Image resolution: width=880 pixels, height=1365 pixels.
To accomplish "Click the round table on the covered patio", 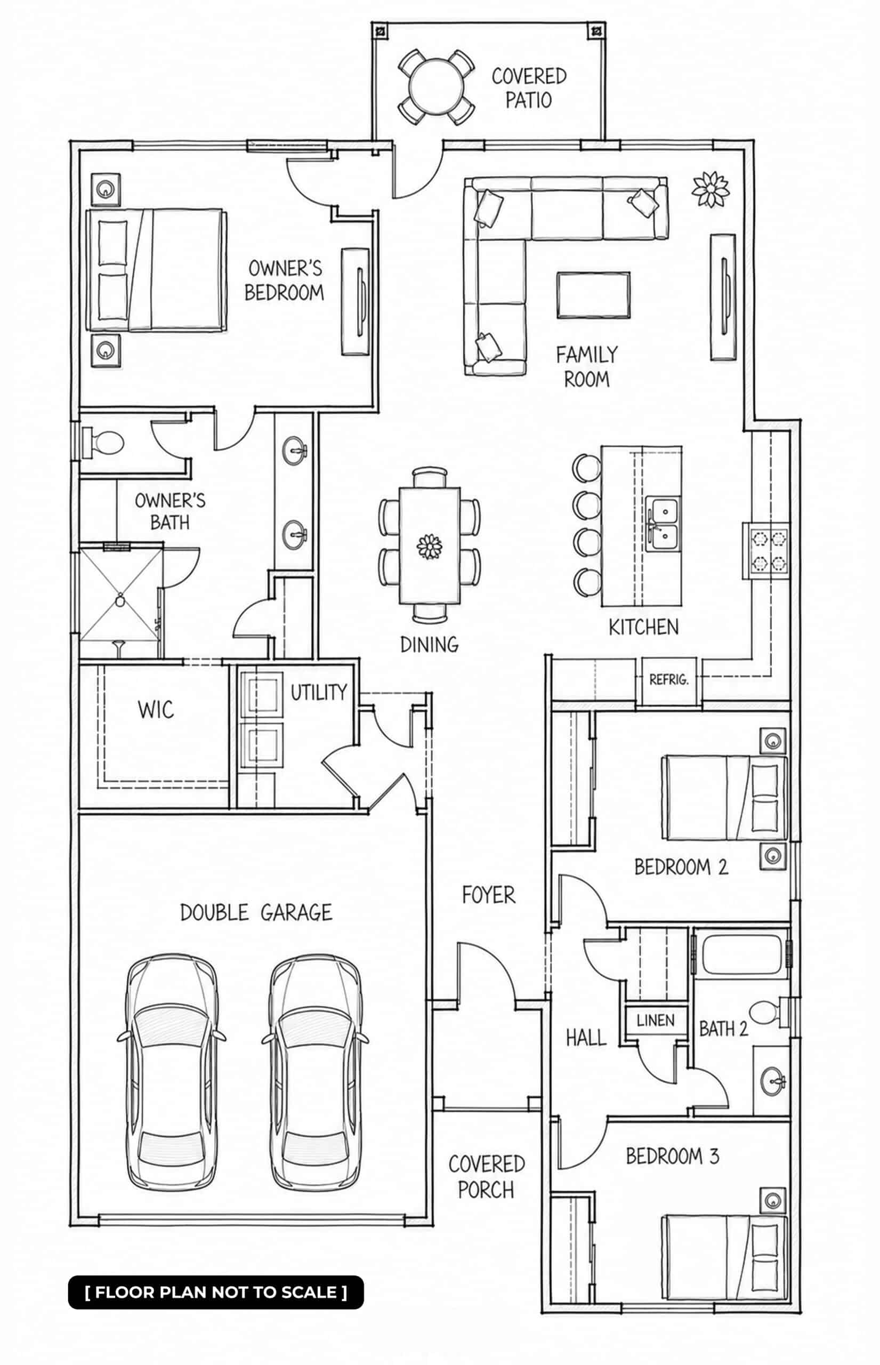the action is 436,87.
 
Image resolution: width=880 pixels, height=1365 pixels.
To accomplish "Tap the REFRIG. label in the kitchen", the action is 668,680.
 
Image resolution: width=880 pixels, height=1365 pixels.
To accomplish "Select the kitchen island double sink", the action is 663,524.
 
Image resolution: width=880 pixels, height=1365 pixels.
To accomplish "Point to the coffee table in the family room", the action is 594,295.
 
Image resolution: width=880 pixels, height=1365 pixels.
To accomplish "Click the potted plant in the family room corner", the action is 711,189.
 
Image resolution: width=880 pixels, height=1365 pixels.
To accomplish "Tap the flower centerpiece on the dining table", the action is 429,547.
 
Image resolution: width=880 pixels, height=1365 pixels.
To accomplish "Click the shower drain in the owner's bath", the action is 120,600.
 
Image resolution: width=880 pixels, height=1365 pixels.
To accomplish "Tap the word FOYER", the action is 489,895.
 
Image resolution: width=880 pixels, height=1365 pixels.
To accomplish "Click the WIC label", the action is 156,710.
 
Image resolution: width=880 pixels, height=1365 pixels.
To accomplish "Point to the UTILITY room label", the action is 319,692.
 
